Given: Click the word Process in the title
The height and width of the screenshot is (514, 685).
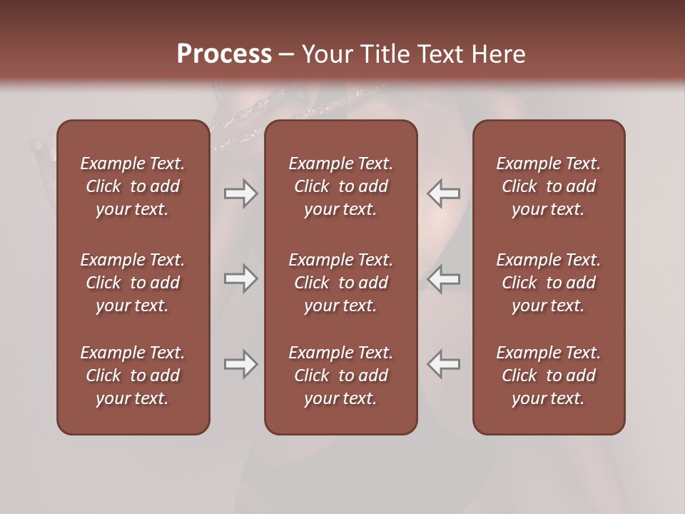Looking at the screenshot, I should pyautogui.click(x=224, y=54).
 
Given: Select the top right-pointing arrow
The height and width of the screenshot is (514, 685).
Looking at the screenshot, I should pyautogui.click(x=241, y=193).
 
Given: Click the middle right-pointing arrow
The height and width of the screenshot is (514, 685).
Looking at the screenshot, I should pyautogui.click(x=241, y=278).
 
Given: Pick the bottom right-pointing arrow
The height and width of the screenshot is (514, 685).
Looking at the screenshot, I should pyautogui.click(x=241, y=364).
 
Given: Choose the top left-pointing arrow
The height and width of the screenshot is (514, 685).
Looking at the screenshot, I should pyautogui.click(x=443, y=193).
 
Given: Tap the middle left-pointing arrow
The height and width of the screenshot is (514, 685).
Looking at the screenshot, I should pyautogui.click(x=443, y=278).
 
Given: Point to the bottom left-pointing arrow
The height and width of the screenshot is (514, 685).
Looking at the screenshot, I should pyautogui.click(x=443, y=364).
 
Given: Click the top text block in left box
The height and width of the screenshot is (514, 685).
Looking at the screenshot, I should pyautogui.click(x=133, y=186).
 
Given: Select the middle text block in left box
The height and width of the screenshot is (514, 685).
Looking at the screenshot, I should pyautogui.click(x=133, y=283).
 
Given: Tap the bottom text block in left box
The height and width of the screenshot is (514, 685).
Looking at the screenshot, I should pyautogui.click(x=133, y=376).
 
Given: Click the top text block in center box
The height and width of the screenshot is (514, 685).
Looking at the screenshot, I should pyautogui.click(x=340, y=186).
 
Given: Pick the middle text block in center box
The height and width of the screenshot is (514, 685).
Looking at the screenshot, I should pyautogui.click(x=340, y=283).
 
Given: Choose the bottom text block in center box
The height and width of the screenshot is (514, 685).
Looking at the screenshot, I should pyautogui.click(x=340, y=376).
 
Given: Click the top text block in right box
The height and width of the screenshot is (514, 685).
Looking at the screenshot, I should pyautogui.click(x=548, y=186).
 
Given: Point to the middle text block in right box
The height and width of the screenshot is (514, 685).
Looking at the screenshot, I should pyautogui.click(x=548, y=283).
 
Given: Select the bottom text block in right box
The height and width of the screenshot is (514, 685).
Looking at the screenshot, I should pyautogui.click(x=548, y=376).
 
